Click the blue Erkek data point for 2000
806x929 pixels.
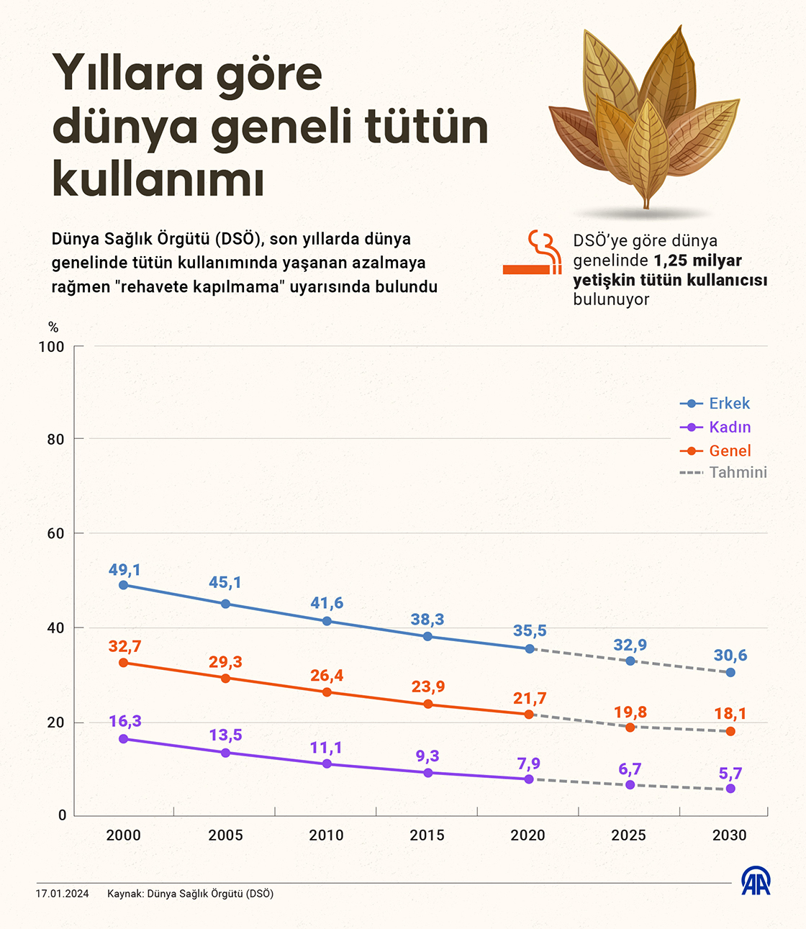click(124, 585)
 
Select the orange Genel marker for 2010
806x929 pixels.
click(327, 692)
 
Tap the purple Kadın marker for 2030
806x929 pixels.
click(730, 789)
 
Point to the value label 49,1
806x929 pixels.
click(124, 569)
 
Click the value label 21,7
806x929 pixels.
click(530, 698)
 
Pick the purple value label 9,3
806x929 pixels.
click(427, 756)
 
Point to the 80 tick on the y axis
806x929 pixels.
click(55, 439)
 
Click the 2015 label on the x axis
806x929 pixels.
click(427, 835)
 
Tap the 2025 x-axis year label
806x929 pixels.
click(628, 835)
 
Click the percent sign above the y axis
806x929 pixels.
click(53, 327)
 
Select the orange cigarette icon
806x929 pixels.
click(533, 253)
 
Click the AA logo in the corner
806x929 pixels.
click(756, 882)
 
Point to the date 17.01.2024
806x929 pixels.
click(62, 894)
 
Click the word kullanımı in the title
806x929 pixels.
click(158, 178)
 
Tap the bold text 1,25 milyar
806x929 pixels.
click(698, 260)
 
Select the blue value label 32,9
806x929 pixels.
click(630, 645)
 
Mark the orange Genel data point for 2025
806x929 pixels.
click(630, 728)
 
